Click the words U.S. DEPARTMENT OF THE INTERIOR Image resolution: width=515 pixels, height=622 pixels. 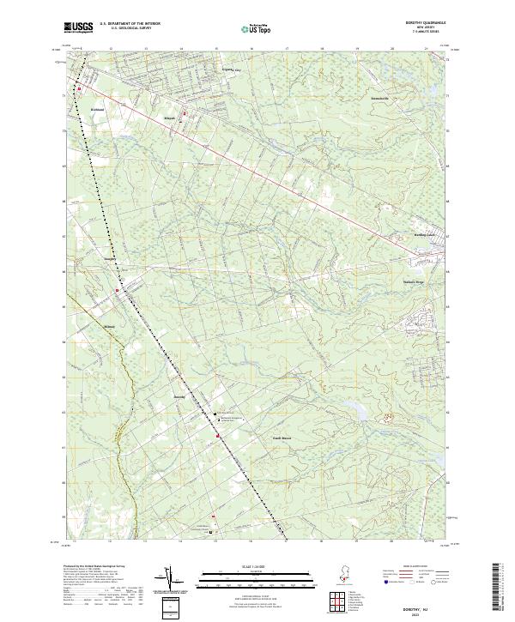[130, 24]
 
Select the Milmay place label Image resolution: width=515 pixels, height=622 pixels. [108, 327]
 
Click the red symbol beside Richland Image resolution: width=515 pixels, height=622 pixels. [79, 89]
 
